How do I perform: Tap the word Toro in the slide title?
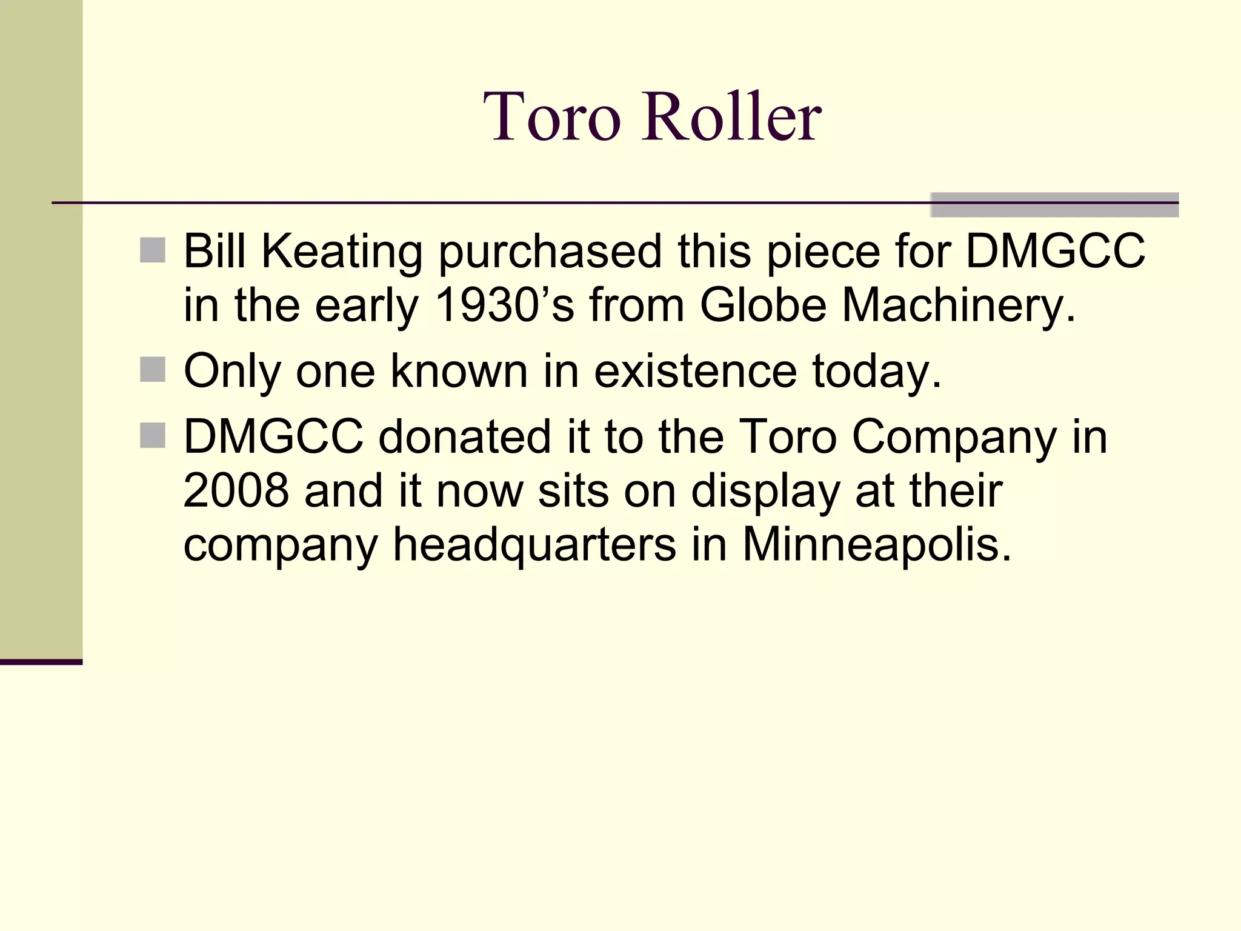tap(552, 116)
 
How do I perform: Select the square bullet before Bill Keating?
tap(152, 250)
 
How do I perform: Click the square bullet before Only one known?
tap(152, 369)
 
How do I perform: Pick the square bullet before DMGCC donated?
tap(152, 435)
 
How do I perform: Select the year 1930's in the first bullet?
tap(504, 305)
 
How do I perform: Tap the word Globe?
tap(763, 305)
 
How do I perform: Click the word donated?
tap(464, 436)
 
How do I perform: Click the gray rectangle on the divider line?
tap(1054, 204)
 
